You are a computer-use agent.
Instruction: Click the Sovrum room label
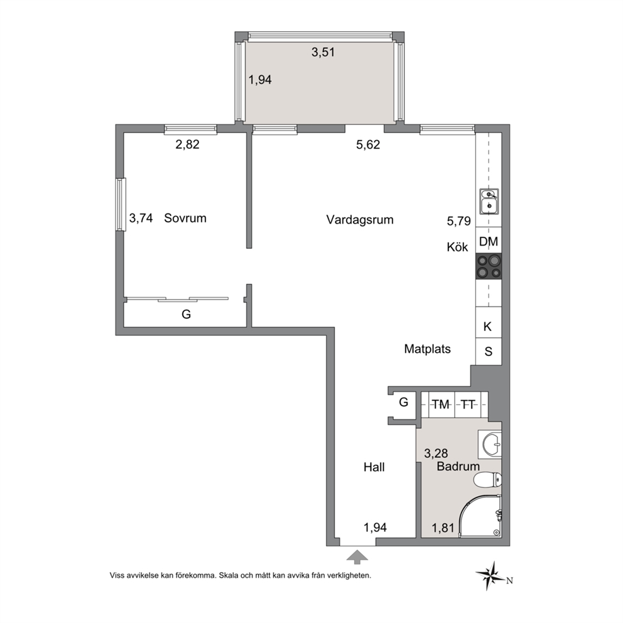pos(185,218)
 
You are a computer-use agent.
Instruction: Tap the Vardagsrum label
pos(360,220)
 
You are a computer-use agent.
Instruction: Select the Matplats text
pos(428,349)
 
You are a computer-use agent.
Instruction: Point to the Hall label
pos(374,467)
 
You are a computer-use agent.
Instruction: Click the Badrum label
pos(458,466)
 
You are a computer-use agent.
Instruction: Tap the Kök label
pos(457,247)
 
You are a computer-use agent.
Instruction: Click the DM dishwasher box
pos(489,241)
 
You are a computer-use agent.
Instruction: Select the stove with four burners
pos(489,267)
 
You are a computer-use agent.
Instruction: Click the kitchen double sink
pos(489,201)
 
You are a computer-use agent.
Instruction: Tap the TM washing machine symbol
pos(441,404)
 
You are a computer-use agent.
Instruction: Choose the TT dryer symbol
pos(468,404)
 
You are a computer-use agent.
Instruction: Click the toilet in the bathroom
pos(487,479)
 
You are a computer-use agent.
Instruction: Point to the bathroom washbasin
pos(490,444)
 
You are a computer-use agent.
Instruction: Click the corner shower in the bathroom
pos(480,516)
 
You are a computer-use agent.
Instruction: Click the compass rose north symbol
pos(492,575)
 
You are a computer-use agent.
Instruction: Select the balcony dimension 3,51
pos(323,52)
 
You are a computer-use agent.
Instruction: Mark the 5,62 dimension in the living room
pos(368,144)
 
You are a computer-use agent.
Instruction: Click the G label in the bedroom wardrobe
pos(186,314)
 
